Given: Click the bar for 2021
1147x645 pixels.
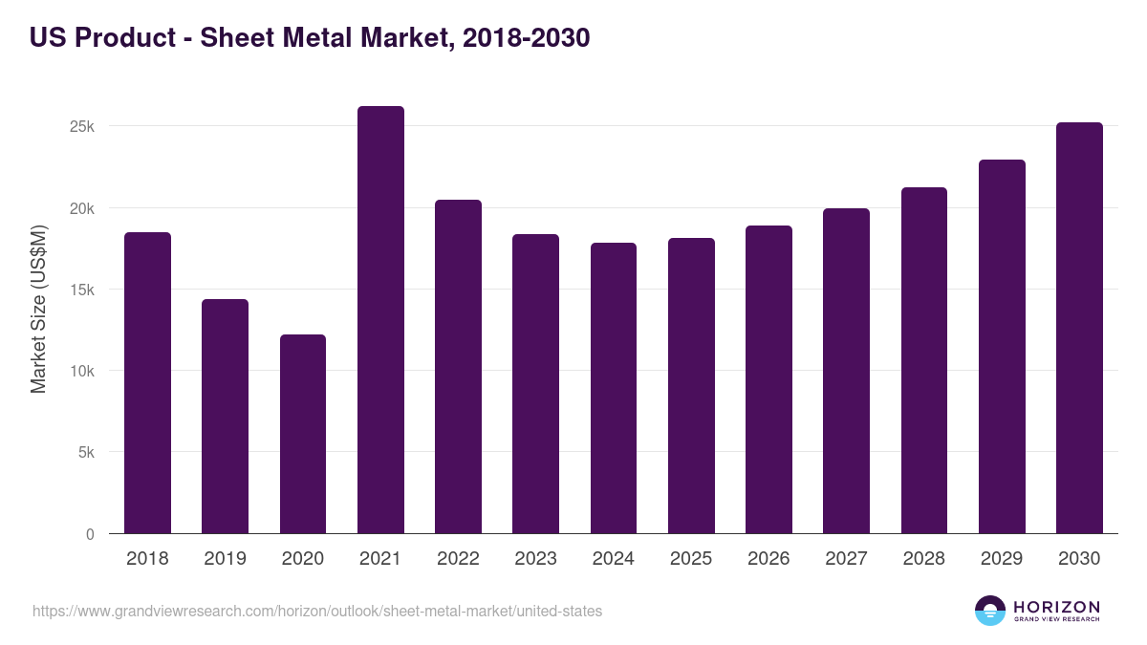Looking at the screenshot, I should coord(380,320).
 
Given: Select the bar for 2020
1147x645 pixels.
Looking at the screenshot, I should coord(303,434).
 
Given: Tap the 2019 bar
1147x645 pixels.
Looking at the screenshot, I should coord(225,417).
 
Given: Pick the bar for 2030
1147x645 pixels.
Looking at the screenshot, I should coord(1079,328).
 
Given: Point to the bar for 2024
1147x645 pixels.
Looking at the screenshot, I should coord(614,388).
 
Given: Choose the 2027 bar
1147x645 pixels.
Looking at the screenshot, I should coord(846,371).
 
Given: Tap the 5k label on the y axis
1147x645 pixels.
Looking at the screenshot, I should coord(86,453).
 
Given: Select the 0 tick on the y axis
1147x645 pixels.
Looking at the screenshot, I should coord(90,534).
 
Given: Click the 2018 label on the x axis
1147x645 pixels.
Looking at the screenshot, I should coord(147,559).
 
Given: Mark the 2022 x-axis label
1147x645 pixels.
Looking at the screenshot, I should coord(458,559).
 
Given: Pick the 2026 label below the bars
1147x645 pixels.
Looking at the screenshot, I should coord(768,559).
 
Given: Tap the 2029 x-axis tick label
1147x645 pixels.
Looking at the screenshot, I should coord(1002,559).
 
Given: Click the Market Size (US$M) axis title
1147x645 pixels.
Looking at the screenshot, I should coord(39,310).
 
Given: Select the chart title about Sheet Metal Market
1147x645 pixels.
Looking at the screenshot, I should coord(310,38).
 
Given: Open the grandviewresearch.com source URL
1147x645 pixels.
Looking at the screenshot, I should coord(317,611).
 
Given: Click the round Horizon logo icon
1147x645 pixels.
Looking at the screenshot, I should coord(990,611).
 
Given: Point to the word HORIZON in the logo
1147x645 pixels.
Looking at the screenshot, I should coord(1057,606).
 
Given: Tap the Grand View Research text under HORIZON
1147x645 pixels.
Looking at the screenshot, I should coord(1057,619).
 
